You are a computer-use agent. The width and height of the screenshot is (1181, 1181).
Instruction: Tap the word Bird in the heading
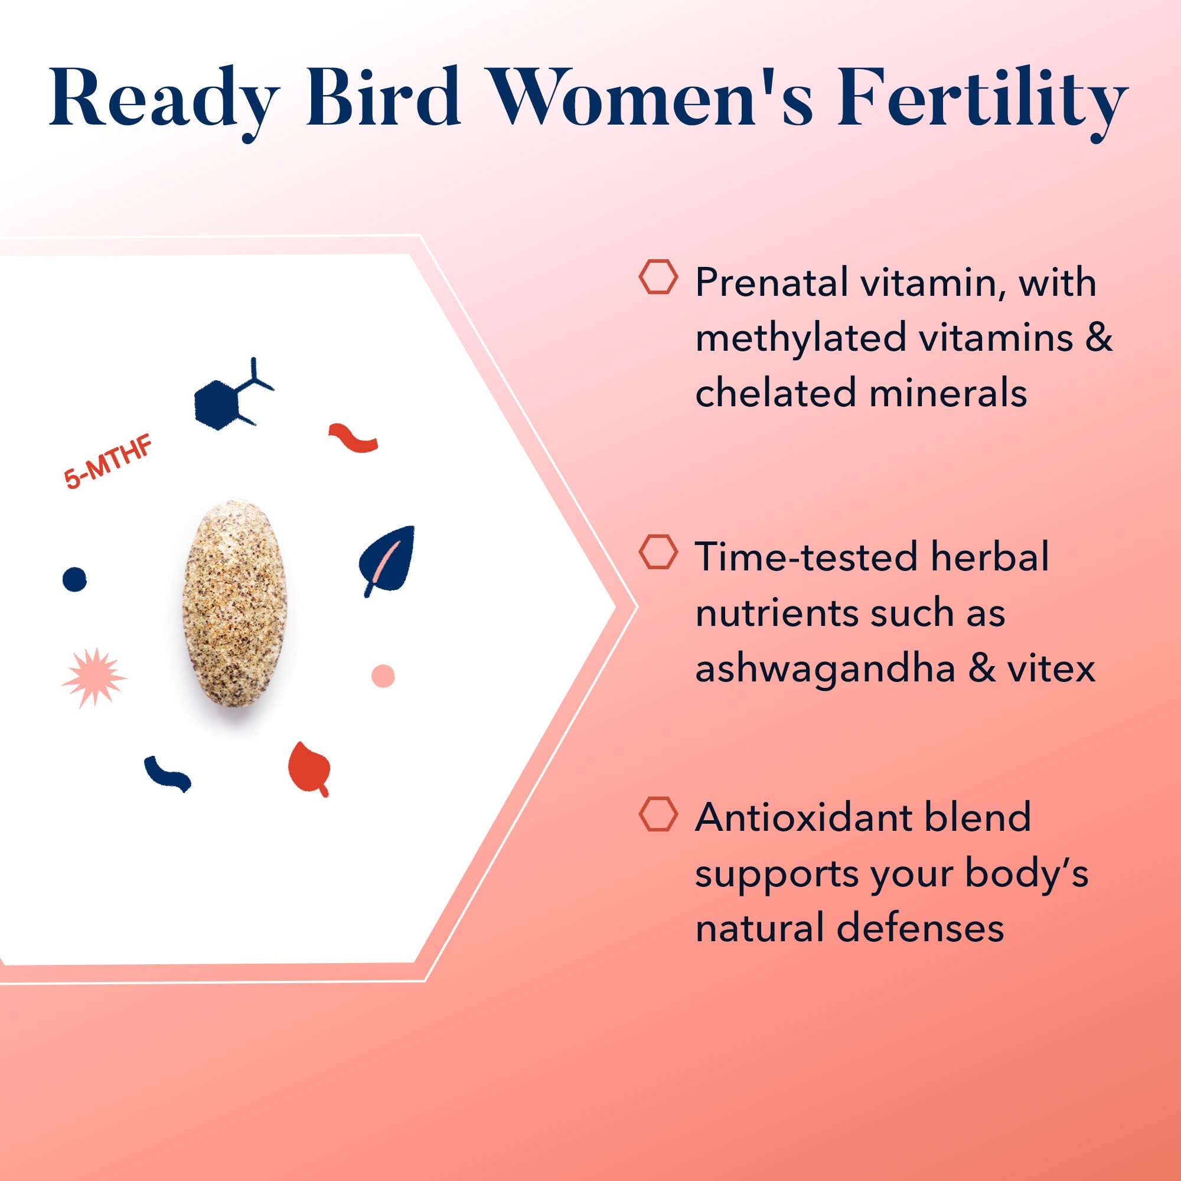pyautogui.click(x=383, y=98)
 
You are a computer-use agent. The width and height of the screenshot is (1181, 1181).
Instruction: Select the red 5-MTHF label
pyautogui.click(x=108, y=463)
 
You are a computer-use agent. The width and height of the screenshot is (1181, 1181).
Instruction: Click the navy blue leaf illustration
pyautogui.click(x=387, y=557)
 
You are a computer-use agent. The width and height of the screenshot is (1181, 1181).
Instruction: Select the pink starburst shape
pyautogui.click(x=93, y=677)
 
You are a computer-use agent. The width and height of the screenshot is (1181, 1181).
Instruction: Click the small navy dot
pyautogui.click(x=74, y=578)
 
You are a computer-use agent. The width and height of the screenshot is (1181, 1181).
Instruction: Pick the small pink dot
pyautogui.click(x=383, y=675)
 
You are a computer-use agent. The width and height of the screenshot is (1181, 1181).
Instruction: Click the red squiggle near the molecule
pyautogui.click(x=353, y=437)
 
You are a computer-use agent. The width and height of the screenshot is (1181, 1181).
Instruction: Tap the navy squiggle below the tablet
pyautogui.click(x=167, y=774)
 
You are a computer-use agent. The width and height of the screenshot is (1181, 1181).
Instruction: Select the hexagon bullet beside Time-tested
pyautogui.click(x=658, y=552)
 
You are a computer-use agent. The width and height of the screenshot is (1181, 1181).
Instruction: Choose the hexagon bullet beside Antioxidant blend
pyautogui.click(x=658, y=814)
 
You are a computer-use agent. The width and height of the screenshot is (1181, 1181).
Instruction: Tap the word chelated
pyautogui.click(x=776, y=393)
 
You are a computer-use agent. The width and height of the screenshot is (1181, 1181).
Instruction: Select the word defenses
pyautogui.click(x=920, y=927)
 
